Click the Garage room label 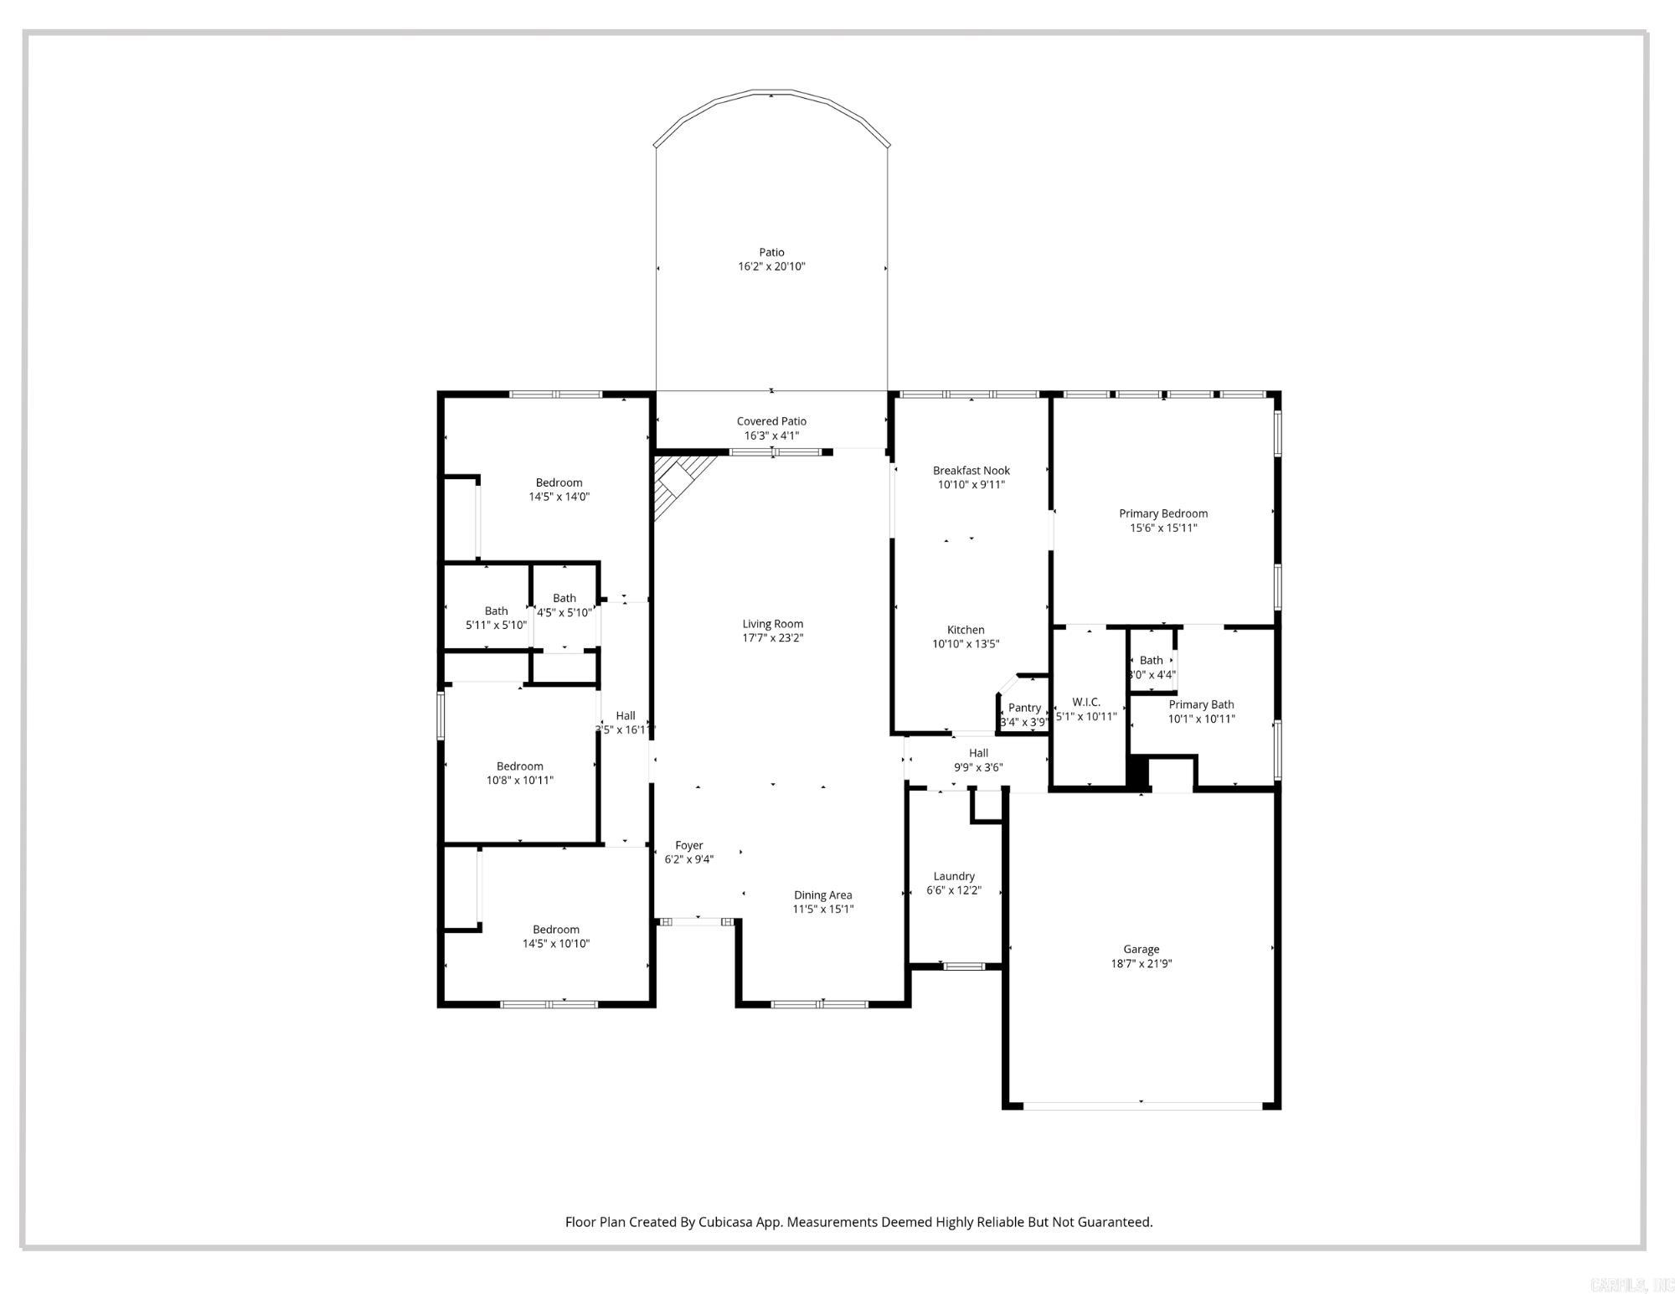coord(1141,949)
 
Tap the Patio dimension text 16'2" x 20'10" coord(771,266)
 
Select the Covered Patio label coord(771,421)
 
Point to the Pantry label coord(1024,708)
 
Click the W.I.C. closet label coord(1085,702)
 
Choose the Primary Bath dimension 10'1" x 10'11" coord(1201,719)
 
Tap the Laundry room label coord(954,876)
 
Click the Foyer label coord(689,845)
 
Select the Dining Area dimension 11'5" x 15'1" coord(822,909)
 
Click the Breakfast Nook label coord(971,471)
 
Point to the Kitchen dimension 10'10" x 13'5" coord(966,644)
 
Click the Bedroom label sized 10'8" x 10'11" coord(520,766)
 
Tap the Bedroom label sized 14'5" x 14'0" coord(559,482)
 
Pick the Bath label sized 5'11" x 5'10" coord(496,611)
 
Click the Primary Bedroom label coord(1163,513)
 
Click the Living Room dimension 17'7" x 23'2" coord(772,637)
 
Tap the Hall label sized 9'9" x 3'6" coord(978,753)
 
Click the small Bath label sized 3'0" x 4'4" coord(1151,660)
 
